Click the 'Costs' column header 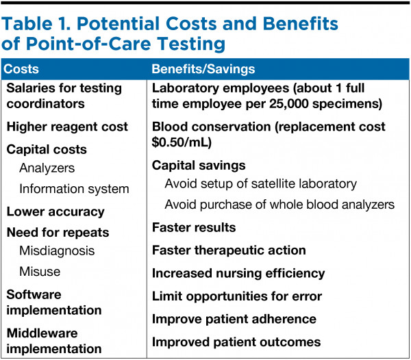[x=21, y=69]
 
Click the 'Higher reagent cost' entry [x=67, y=127]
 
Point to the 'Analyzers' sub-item [x=47, y=168]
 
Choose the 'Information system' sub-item [x=74, y=188]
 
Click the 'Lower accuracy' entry [x=55, y=211]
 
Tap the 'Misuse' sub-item [x=40, y=272]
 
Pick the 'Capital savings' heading [x=198, y=166]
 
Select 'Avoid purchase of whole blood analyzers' [x=279, y=204]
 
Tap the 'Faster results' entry [x=194, y=227]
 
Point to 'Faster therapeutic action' [x=229, y=250]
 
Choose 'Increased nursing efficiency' [x=238, y=273]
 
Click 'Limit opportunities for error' [x=236, y=296]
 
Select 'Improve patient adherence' [x=234, y=319]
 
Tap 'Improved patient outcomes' [x=236, y=342]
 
